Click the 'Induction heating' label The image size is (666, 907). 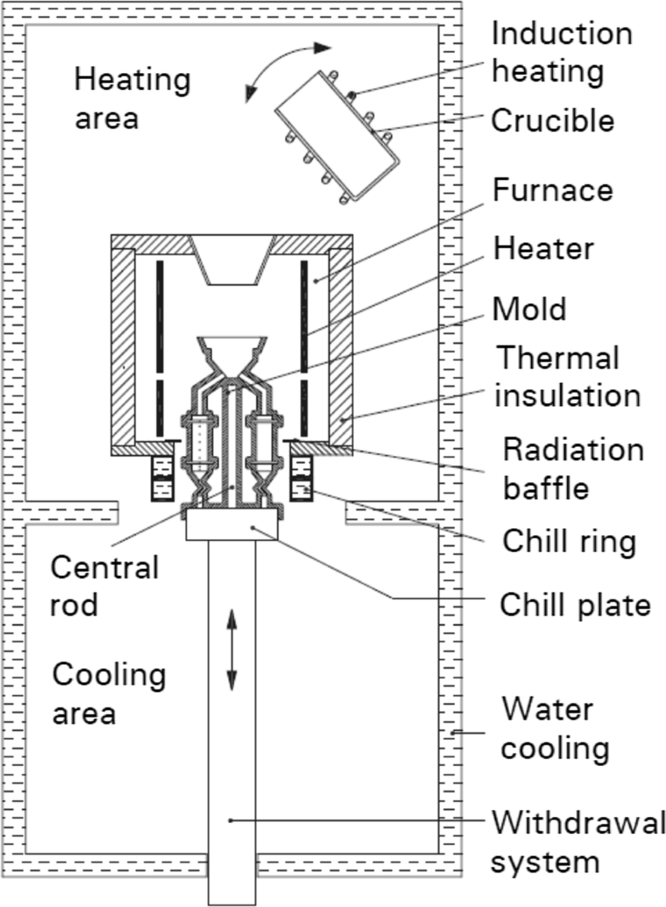click(x=562, y=53)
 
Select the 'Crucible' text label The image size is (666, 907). click(x=552, y=121)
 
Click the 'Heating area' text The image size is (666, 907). click(x=132, y=99)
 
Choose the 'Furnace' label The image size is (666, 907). click(x=552, y=189)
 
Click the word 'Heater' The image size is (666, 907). click(x=544, y=249)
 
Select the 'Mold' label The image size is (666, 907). click(x=529, y=308)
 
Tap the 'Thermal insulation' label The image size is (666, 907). click(x=567, y=376)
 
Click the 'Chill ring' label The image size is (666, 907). click(x=568, y=541)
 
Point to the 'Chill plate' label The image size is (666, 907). click(x=575, y=604)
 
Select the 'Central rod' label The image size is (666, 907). click(x=104, y=586)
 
